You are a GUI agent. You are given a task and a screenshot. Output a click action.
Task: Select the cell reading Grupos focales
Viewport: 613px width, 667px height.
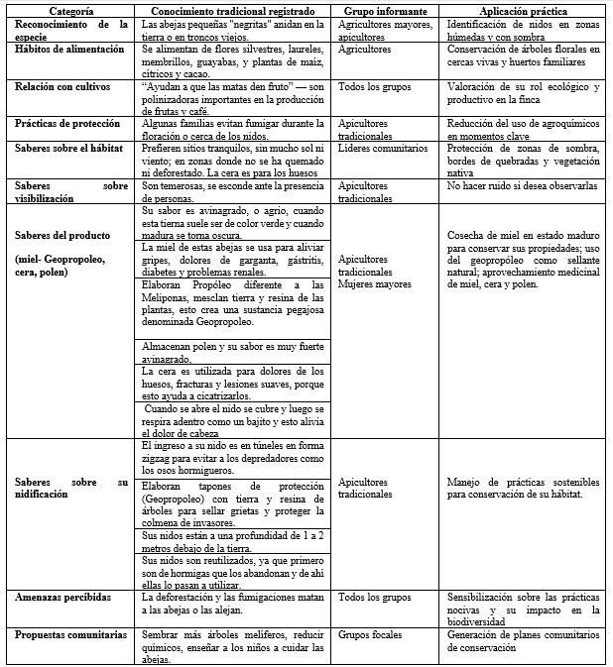pos(368,634)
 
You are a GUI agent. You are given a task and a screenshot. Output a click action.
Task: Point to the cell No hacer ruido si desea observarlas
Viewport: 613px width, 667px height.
pos(522,185)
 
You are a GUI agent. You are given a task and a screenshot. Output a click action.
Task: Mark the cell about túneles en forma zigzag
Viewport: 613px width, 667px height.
pos(234,459)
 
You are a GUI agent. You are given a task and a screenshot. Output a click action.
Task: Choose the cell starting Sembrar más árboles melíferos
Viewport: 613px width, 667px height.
pos(234,645)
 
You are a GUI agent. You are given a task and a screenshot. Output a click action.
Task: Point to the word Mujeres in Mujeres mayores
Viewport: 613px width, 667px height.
pos(356,283)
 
